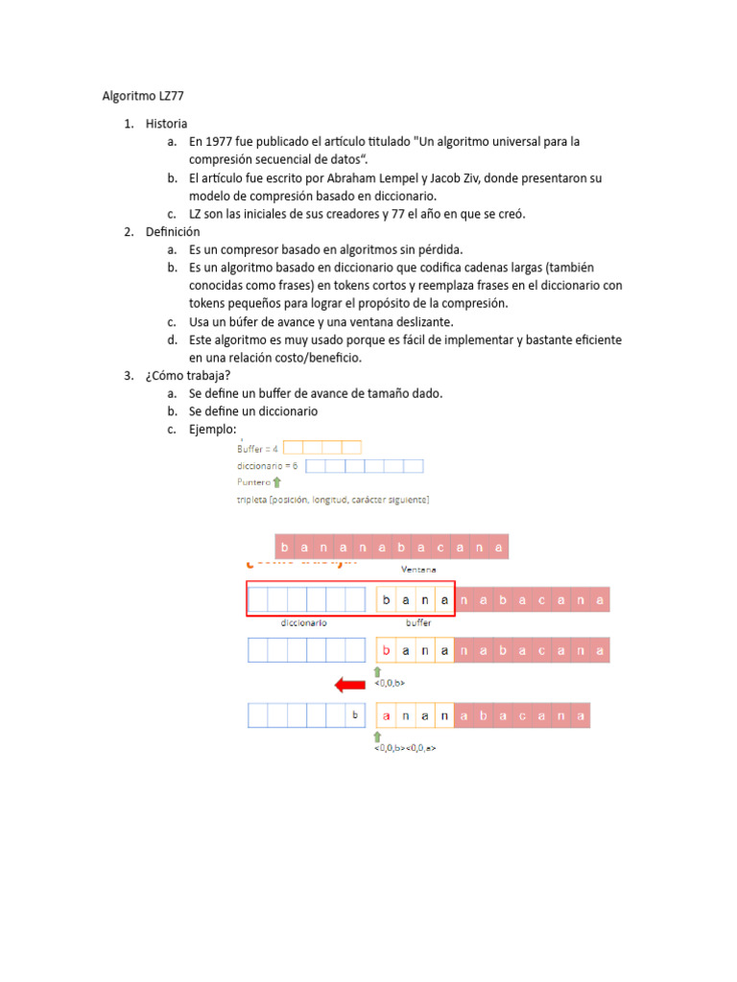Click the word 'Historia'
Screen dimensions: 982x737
pos(167,124)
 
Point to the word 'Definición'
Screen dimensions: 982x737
pos(173,232)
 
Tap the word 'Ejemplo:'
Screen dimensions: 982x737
pos(212,430)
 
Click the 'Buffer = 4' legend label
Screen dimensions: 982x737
pos(257,448)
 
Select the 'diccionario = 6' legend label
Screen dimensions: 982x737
pos(267,466)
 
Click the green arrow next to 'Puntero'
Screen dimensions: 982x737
pos(277,482)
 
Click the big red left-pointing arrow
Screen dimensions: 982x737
pos(349,684)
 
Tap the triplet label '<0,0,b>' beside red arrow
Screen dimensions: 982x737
pos(390,683)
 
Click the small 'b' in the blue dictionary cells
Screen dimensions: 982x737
pos(355,715)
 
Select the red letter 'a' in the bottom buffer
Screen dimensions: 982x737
pos(387,715)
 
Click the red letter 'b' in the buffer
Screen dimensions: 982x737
pos(387,650)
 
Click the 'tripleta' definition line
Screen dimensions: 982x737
pos(333,500)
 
